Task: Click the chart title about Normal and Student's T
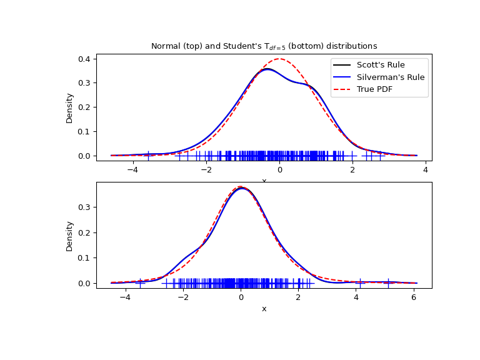[x=264, y=46]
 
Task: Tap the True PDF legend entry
[x=379, y=89]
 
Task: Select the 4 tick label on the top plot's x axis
[x=426, y=171]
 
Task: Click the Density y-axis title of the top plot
[x=69, y=107]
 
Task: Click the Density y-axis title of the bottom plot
[x=69, y=236]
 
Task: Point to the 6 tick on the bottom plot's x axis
[x=414, y=298]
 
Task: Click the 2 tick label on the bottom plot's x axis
[x=298, y=298]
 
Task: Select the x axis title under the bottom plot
[x=264, y=309]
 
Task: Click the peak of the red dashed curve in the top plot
[x=279, y=59]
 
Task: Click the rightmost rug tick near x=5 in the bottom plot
[x=388, y=282]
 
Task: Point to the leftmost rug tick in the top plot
[x=148, y=155]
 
